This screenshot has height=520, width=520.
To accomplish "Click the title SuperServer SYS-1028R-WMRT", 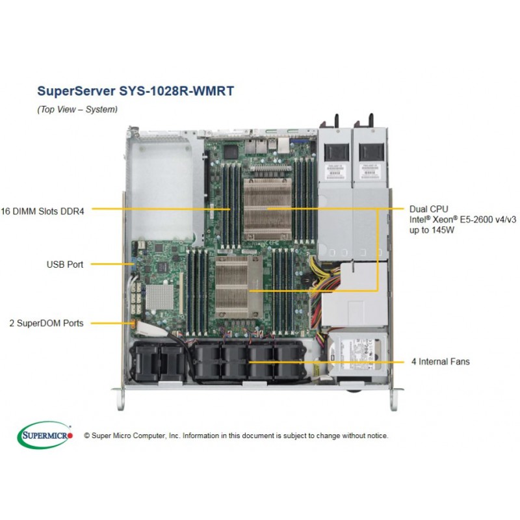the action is pos(136,91).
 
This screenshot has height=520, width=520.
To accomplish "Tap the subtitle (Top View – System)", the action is pos(77,109).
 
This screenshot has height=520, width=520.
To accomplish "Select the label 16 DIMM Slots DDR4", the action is pos(42,211).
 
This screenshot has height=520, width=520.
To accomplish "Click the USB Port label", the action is pos(65,265).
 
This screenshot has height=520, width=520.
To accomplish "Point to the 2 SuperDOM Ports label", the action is pos(46,323).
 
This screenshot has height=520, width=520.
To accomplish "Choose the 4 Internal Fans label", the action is pos(441,361).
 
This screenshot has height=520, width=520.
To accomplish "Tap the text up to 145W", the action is pos(432,230).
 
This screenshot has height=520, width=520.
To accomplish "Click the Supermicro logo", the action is pos(45,435).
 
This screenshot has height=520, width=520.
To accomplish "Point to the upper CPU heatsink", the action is pos(267,209).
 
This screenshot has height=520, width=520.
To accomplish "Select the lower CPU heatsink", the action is pos(239,287).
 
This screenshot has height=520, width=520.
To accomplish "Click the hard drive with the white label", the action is pos(357,355).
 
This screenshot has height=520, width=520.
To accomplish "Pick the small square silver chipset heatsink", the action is pos(159,296).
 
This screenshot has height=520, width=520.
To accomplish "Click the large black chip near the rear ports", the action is pos(231,151).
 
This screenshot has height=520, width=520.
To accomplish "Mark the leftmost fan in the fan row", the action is pos(144,362).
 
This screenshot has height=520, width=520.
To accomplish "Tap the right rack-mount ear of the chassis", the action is pos(394,399).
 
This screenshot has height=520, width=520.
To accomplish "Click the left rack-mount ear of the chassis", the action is pos(120,399).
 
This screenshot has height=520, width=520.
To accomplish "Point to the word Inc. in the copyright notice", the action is pos(174,435).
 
